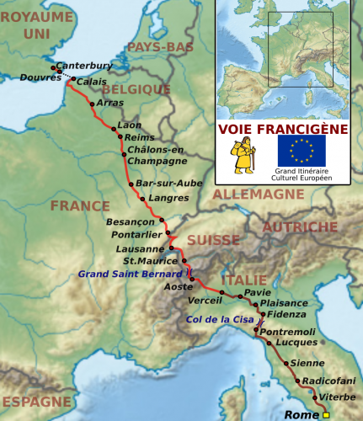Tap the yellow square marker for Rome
point(326,414)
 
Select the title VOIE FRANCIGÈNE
point(283,129)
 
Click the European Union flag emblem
point(302,151)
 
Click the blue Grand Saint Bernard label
point(131,274)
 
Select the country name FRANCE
point(80,206)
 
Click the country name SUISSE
point(213,240)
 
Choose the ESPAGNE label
point(35,402)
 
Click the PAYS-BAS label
point(158,47)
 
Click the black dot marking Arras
point(92,104)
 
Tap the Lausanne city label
point(140,249)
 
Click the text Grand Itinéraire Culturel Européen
point(301,174)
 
